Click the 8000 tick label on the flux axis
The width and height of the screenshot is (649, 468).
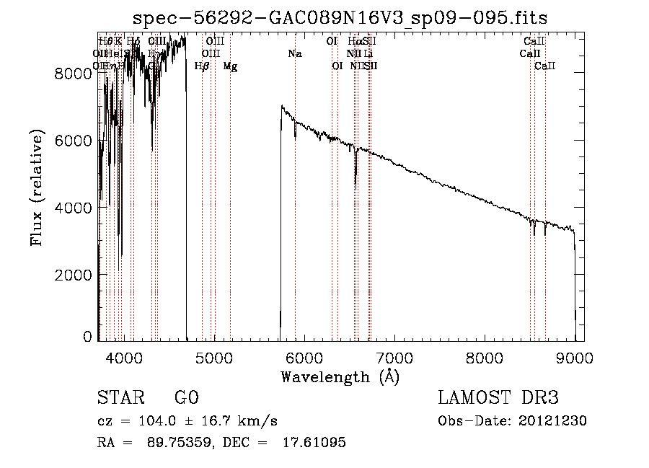click(76, 74)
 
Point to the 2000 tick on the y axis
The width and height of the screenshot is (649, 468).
click(76, 275)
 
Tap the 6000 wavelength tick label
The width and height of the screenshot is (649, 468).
click(304, 357)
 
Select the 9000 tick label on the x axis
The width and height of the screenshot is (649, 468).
click(575, 357)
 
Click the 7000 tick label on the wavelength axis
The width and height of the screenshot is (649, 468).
click(394, 357)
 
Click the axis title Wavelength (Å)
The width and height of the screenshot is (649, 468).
click(340, 376)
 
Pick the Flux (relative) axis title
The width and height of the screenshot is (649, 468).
click(36, 187)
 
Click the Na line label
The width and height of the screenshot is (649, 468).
click(294, 53)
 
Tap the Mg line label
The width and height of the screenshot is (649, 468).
click(230, 66)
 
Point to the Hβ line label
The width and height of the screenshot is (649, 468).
click(202, 66)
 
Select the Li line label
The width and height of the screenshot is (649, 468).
click(368, 53)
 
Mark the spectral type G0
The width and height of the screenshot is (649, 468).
click(186, 398)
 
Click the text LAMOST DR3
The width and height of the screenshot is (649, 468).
click(498, 398)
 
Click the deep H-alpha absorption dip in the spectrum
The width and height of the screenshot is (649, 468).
click(356, 180)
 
